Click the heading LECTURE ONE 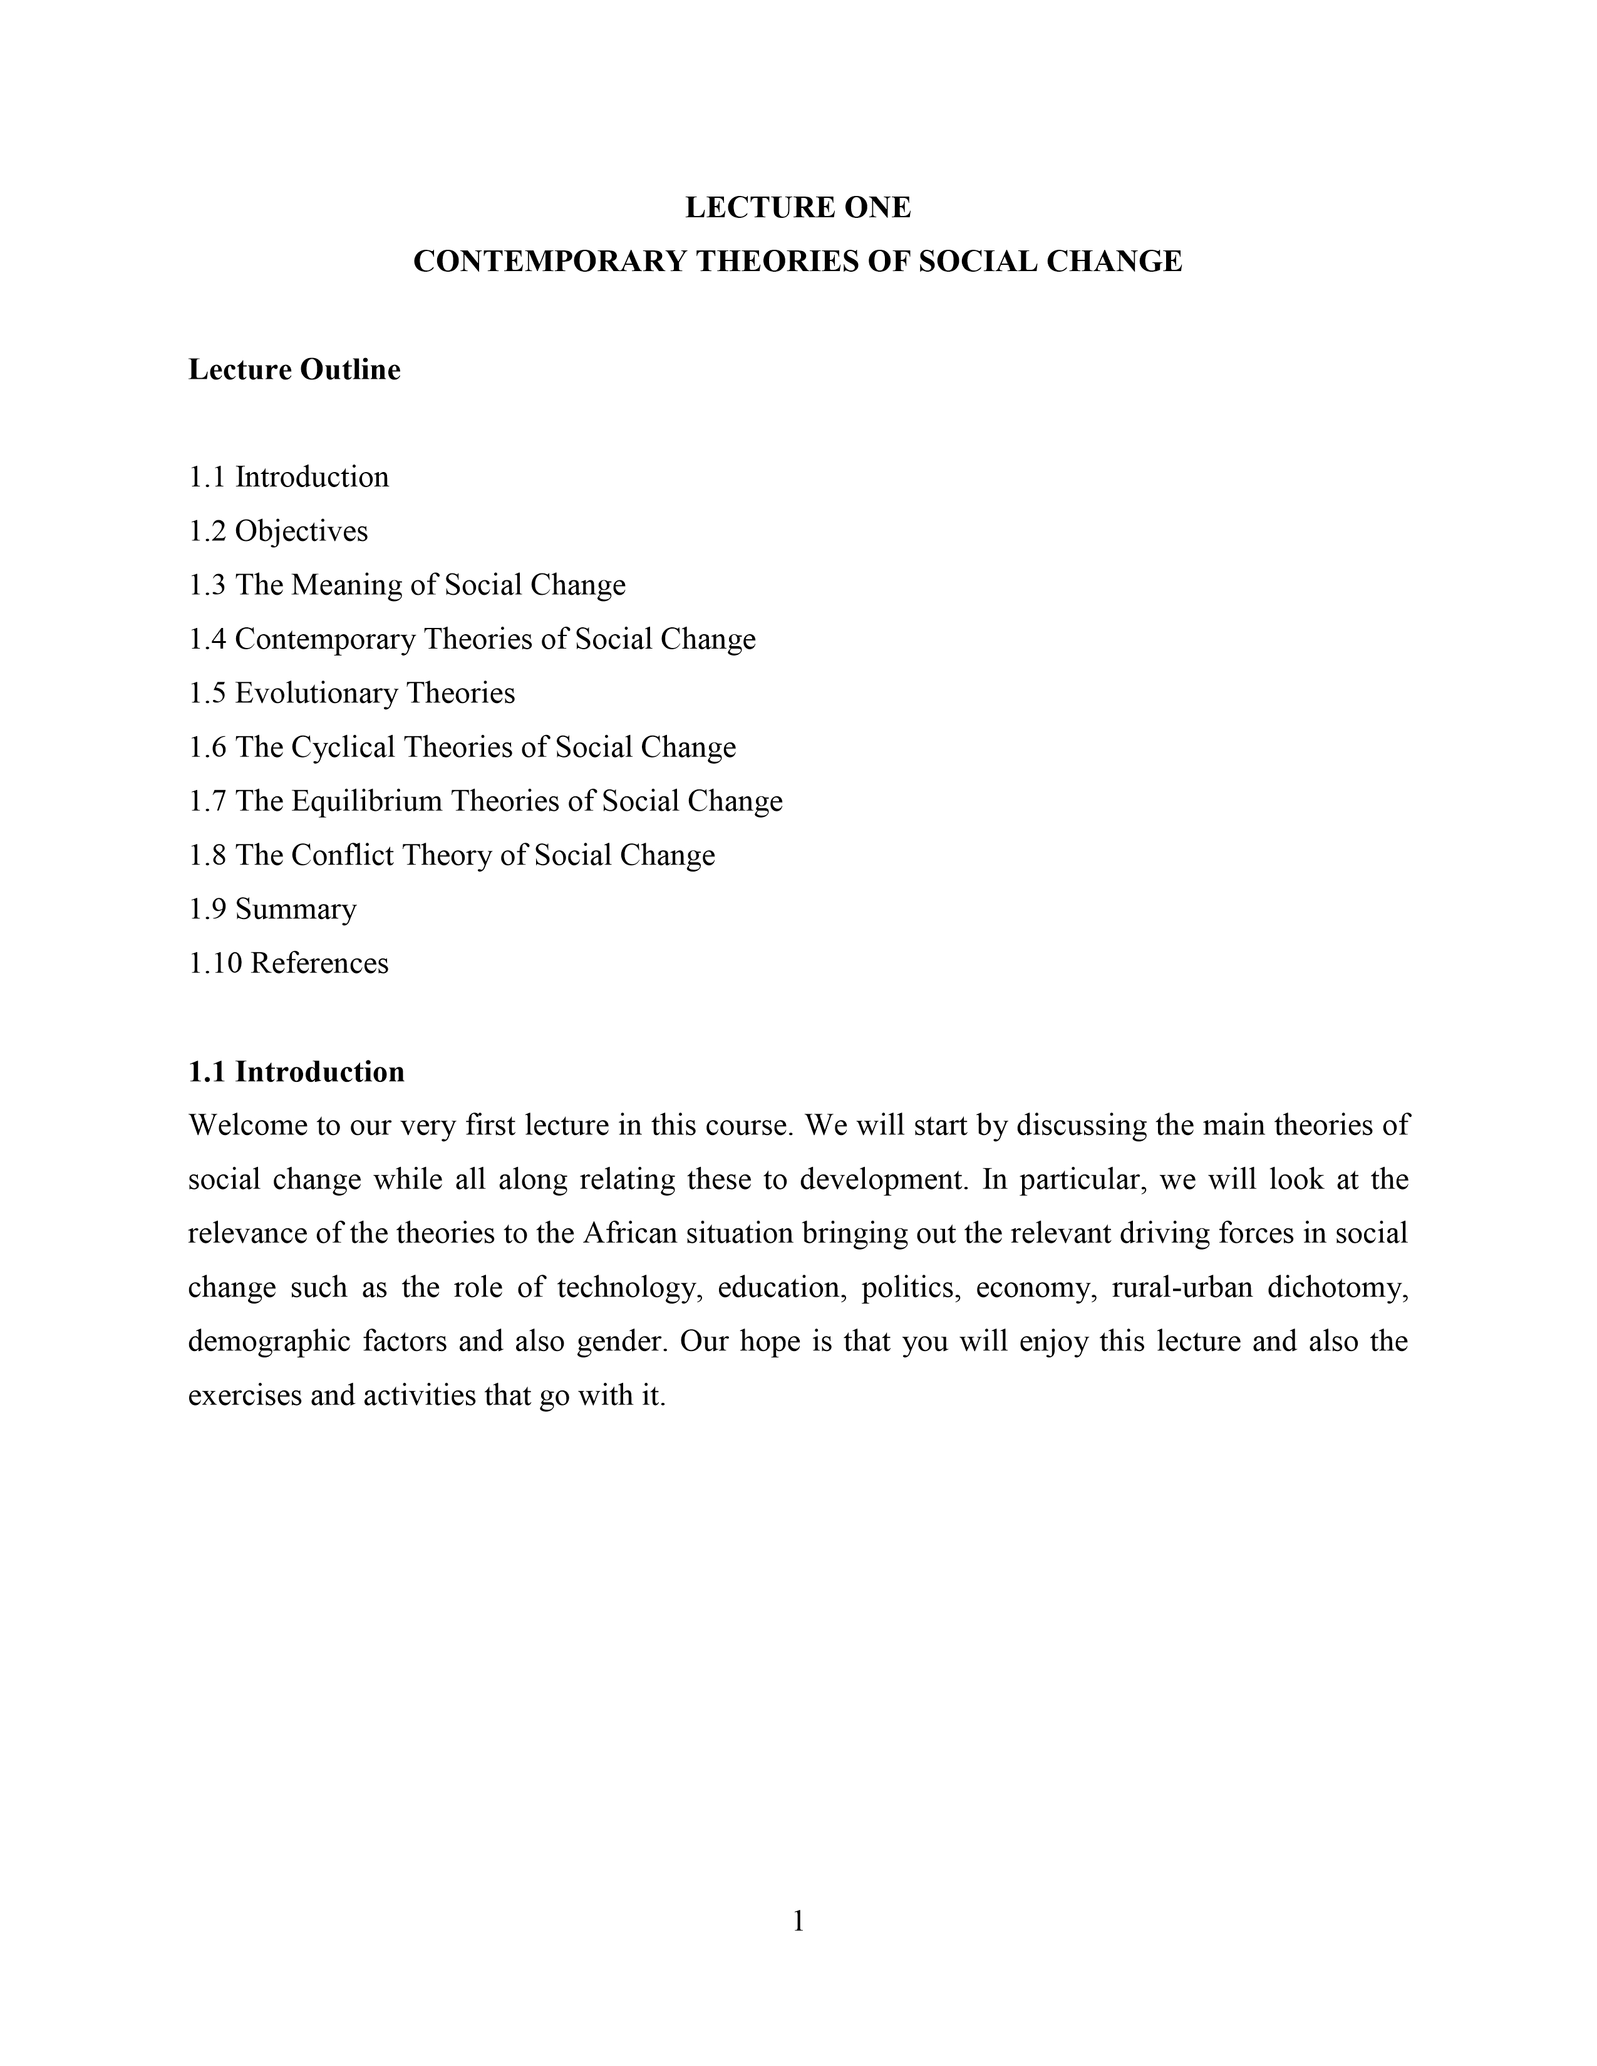click(x=797, y=207)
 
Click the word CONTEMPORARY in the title click(x=549, y=261)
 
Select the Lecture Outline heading click(x=294, y=369)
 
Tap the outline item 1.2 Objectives click(x=278, y=531)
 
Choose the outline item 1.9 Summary click(x=272, y=909)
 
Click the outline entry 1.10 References click(x=289, y=963)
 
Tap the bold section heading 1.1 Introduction click(x=296, y=1072)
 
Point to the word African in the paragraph click(x=628, y=1233)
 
